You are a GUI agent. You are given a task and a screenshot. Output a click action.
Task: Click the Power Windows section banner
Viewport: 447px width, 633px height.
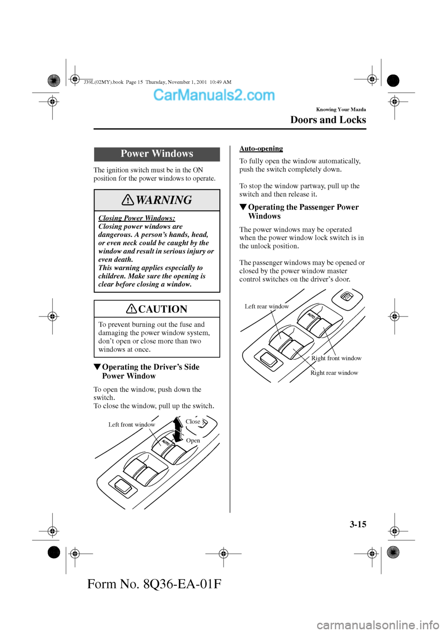click(157, 154)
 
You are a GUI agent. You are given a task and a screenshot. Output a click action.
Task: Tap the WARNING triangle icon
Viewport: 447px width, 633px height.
click(128, 200)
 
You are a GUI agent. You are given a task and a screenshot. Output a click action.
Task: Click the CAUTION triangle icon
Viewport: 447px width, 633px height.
click(132, 309)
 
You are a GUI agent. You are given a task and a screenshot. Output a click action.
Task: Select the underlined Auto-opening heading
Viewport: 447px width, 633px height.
click(261, 149)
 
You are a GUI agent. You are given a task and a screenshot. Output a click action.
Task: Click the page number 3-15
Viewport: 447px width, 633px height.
click(358, 524)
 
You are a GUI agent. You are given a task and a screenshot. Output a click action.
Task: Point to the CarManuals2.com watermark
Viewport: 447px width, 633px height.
click(214, 95)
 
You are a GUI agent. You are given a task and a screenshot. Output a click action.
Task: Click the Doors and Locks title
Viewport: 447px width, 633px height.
click(328, 120)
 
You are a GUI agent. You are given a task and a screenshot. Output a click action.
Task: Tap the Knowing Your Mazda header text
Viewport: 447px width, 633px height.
click(341, 110)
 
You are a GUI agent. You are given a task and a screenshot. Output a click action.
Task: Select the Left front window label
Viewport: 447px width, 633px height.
click(132, 425)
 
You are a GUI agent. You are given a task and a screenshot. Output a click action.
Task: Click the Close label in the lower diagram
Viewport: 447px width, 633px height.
click(193, 422)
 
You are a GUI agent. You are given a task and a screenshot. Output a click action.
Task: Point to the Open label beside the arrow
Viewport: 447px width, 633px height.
click(193, 440)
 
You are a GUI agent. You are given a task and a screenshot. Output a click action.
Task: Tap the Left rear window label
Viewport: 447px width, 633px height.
click(267, 306)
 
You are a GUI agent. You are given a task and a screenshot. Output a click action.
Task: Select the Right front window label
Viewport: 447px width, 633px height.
click(336, 358)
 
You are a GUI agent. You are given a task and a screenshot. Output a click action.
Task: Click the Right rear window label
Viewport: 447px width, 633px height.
click(334, 373)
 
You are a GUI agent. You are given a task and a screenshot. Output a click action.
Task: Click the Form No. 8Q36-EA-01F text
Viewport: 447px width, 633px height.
click(154, 584)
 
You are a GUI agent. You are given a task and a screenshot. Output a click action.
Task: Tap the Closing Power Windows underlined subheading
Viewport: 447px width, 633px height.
click(136, 218)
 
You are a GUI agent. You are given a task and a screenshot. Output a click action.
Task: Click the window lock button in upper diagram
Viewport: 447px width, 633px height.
click(346, 296)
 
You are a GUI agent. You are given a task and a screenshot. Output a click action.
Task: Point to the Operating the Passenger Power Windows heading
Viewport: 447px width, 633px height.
click(303, 212)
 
